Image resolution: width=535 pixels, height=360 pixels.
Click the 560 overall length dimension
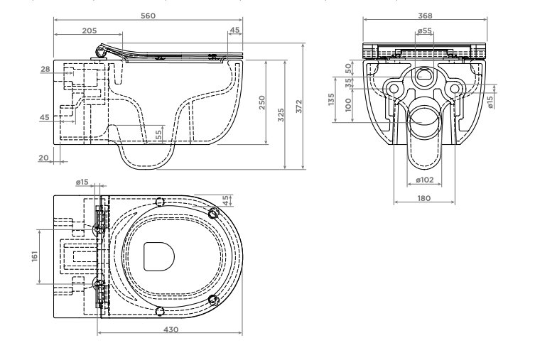[148, 16]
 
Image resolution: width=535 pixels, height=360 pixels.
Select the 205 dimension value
[90, 31]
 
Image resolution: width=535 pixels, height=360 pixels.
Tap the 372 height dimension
[299, 107]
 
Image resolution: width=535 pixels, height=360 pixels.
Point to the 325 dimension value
[281, 115]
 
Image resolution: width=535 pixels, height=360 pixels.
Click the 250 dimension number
[261, 103]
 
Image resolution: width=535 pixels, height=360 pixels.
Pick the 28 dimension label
[45, 69]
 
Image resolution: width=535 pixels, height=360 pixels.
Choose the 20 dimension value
[43, 158]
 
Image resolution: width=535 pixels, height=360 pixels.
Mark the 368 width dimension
[425, 16]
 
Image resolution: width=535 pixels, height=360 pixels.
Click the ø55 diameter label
[424, 31]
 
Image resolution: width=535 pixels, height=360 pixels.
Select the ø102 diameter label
[425, 180]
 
